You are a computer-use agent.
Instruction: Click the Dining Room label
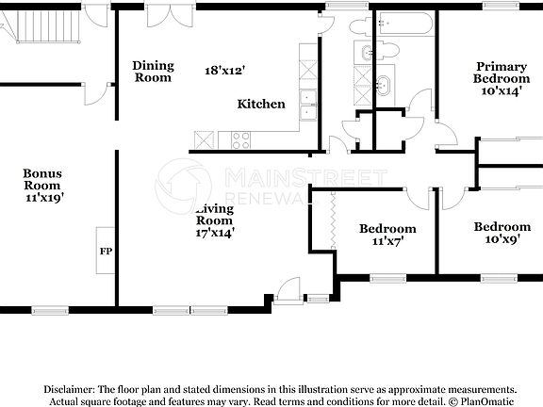pos(153,71)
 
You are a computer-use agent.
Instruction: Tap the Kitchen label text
pos(261,104)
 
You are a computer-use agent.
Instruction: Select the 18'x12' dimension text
pos(225,70)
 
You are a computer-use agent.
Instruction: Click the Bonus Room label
pos(41,179)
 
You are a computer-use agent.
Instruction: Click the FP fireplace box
pos(105,252)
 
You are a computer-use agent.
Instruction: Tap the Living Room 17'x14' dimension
pos(215,231)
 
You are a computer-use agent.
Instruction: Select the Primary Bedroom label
pos(501,73)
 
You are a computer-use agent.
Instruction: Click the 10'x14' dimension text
pos(502,91)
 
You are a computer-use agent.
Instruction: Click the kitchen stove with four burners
pos(240,139)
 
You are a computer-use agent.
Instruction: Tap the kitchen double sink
pos(306,105)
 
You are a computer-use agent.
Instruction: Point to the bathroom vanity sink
pos(382,84)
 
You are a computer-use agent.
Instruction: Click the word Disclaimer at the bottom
pos(66,389)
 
